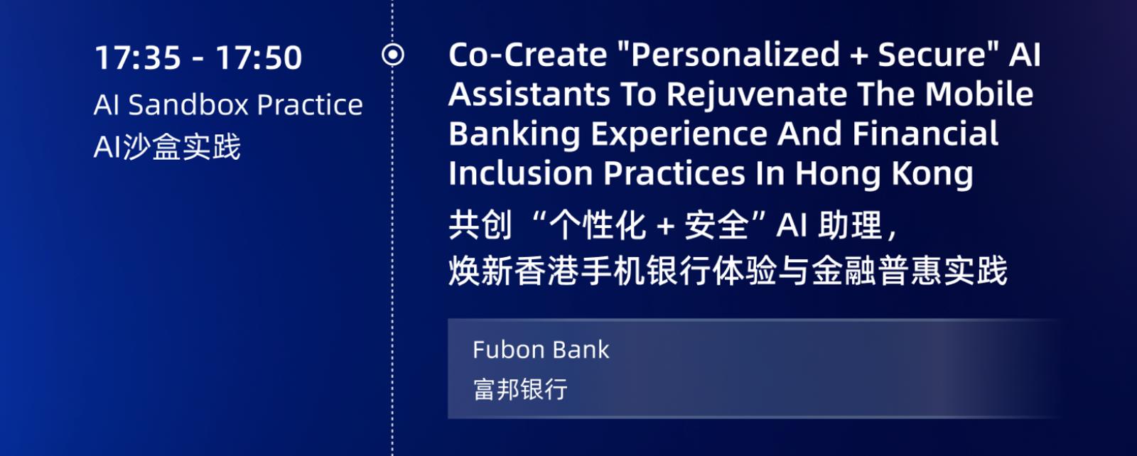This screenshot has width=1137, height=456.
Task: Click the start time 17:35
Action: (x=138, y=57)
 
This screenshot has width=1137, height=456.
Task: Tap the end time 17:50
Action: (x=259, y=57)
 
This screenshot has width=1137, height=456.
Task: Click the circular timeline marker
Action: (x=393, y=55)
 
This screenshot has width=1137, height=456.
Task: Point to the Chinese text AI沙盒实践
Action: (x=167, y=147)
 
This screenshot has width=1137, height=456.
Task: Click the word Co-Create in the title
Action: (x=528, y=54)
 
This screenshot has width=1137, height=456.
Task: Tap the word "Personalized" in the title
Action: (x=735, y=54)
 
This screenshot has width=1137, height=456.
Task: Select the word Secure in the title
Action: (x=932, y=54)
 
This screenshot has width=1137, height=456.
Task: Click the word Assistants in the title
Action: (x=529, y=94)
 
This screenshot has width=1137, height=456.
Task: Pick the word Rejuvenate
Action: (x=756, y=96)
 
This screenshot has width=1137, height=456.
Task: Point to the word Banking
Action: (x=514, y=135)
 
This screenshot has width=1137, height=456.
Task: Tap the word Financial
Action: (x=925, y=134)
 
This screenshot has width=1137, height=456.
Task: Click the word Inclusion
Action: (x=521, y=173)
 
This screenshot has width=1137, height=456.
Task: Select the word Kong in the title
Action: (x=933, y=175)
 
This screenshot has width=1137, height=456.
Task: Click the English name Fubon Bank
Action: (x=541, y=349)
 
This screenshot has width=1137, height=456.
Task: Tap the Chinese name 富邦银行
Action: (x=520, y=389)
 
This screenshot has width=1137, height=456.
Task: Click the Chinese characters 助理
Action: (x=850, y=224)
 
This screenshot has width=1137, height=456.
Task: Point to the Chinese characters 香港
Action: (x=546, y=271)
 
